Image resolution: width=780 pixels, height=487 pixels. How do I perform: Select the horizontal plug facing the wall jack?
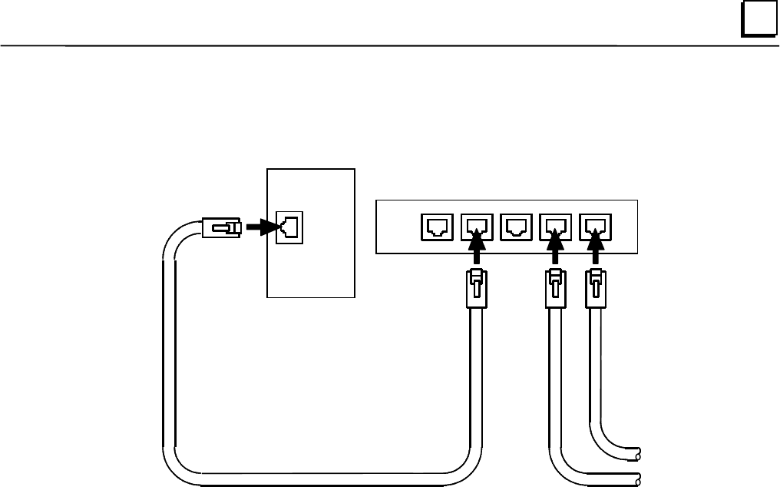coord(222,227)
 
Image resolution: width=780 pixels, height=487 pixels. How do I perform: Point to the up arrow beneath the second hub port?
coord(477,253)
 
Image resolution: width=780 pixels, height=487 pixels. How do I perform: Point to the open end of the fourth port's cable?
coord(637,478)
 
